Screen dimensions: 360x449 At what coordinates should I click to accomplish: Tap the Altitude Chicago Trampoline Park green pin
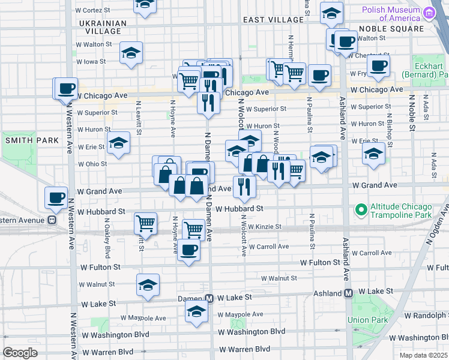tap(361, 210)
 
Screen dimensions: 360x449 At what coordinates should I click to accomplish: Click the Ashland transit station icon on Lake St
tap(348, 293)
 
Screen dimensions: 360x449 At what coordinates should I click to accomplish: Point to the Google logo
tap(20, 353)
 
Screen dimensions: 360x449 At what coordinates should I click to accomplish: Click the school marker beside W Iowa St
tap(130, 53)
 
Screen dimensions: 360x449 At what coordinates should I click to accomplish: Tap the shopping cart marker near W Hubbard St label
tap(145, 223)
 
